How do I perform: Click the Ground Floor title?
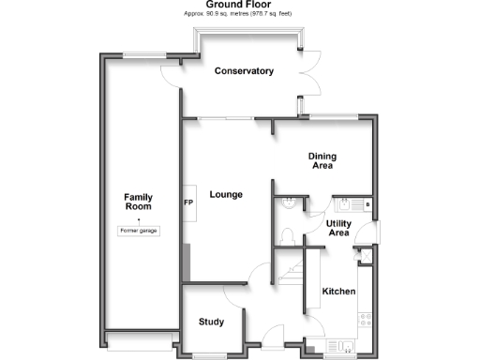pos(239,5)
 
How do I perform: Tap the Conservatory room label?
pos(244,71)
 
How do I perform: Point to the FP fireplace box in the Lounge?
pos(188,203)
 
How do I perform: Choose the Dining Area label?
pos(323,161)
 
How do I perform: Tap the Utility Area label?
pos(338,229)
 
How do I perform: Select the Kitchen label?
pos(338,292)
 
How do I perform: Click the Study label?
pos(212,322)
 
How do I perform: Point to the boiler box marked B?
pos(367,203)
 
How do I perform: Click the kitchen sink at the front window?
pos(347,348)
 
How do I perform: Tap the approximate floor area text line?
pos(239,16)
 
